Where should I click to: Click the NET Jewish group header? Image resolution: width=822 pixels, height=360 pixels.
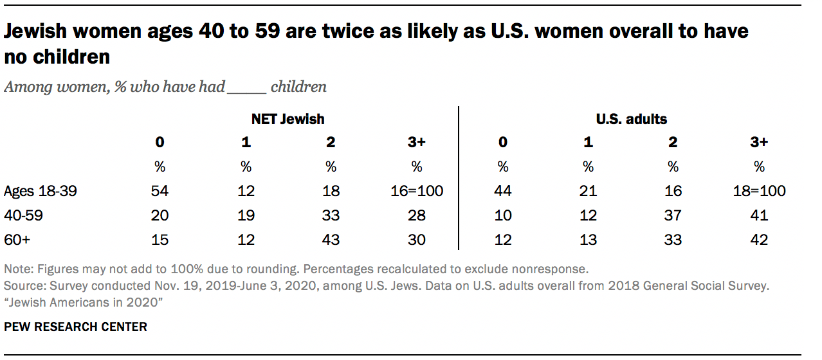pyautogui.click(x=288, y=119)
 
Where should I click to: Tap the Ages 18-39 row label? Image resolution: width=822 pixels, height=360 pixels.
pyautogui.click(x=41, y=191)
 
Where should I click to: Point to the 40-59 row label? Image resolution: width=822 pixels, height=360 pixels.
pyautogui.click(x=23, y=215)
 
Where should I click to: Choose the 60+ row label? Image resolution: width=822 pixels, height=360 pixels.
pyautogui.click(x=17, y=240)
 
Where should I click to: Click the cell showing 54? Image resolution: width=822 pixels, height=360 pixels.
pyautogui.click(x=160, y=191)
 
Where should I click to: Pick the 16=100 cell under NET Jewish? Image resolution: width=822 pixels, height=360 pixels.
pyautogui.click(x=417, y=191)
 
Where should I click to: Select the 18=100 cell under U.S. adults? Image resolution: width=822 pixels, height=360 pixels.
pyautogui.click(x=759, y=191)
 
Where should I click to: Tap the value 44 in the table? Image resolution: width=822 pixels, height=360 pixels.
pyautogui.click(x=502, y=191)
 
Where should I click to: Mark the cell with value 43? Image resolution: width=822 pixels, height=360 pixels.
pyautogui.click(x=331, y=240)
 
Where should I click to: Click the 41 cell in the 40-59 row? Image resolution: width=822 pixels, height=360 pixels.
pyautogui.click(x=759, y=215)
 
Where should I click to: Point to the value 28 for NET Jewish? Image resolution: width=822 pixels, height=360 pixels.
pyautogui.click(x=417, y=215)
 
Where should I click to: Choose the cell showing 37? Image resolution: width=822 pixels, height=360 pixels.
pyautogui.click(x=673, y=215)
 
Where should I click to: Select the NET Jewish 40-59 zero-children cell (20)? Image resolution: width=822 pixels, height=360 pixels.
pyautogui.click(x=160, y=215)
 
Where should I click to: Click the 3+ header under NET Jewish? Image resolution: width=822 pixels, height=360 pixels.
pyautogui.click(x=417, y=143)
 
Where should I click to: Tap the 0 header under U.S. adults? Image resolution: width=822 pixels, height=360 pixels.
pyautogui.click(x=502, y=143)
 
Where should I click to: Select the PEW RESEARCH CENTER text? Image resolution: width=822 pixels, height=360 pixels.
pyautogui.click(x=76, y=327)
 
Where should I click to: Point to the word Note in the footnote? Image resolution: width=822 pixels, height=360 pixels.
pyautogui.click(x=17, y=269)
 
